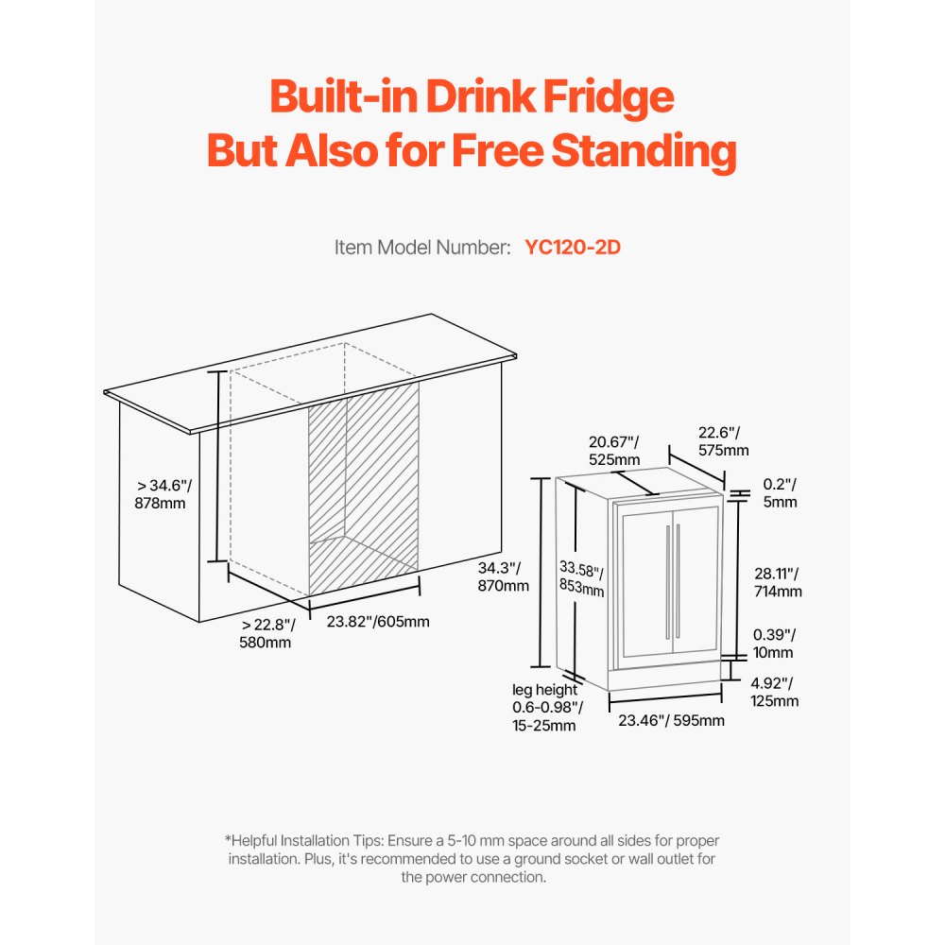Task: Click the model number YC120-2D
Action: (572, 248)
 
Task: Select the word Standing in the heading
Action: (642, 151)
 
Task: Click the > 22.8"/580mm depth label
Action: (267, 633)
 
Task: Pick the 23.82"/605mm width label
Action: (378, 621)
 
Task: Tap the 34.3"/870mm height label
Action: (504, 576)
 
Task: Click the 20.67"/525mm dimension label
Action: (614, 450)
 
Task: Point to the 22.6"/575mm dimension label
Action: (723, 441)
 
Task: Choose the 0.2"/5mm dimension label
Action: (780, 493)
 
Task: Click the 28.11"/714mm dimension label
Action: (778, 582)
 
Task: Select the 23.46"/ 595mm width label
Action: (671, 721)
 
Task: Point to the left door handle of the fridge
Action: (668, 580)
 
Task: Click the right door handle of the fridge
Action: (678, 580)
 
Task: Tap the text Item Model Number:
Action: (422, 248)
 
